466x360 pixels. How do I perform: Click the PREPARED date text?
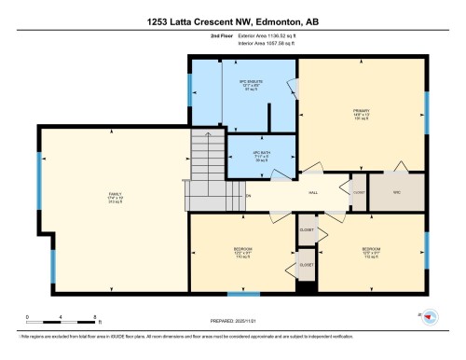pos(232,323)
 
